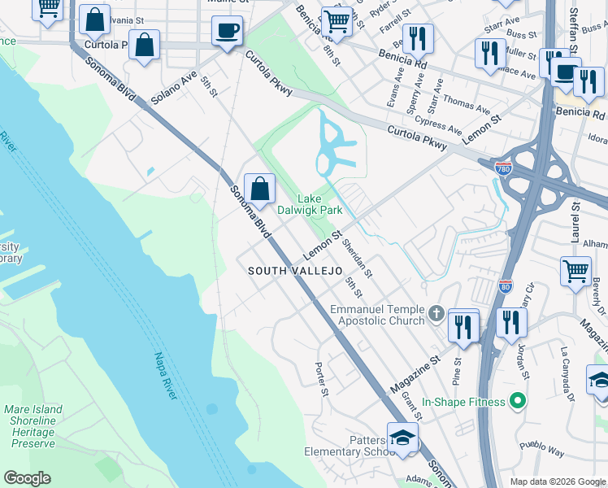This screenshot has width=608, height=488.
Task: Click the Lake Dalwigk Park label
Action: (x=309, y=204)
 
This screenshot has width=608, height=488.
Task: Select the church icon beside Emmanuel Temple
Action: (x=436, y=313)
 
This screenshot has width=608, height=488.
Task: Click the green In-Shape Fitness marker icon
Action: (x=514, y=401)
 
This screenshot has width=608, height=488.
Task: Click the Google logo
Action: (x=27, y=478)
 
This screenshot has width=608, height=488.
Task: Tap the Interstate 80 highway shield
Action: (x=505, y=286)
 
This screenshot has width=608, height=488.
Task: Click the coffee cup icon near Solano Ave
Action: (x=227, y=31)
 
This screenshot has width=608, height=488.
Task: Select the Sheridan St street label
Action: (x=357, y=256)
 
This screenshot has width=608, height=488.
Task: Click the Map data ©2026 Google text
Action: (x=558, y=481)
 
